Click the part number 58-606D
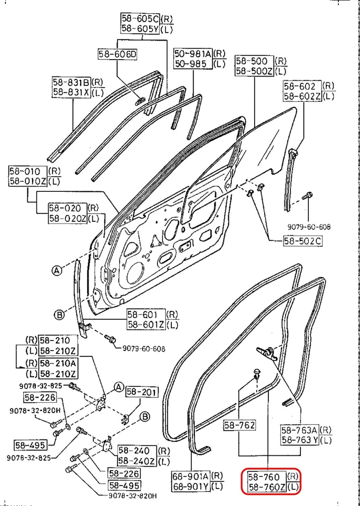[117, 54]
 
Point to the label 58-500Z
[254, 71]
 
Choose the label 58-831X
[71, 92]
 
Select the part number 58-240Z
[136, 461]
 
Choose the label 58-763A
[299, 430]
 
